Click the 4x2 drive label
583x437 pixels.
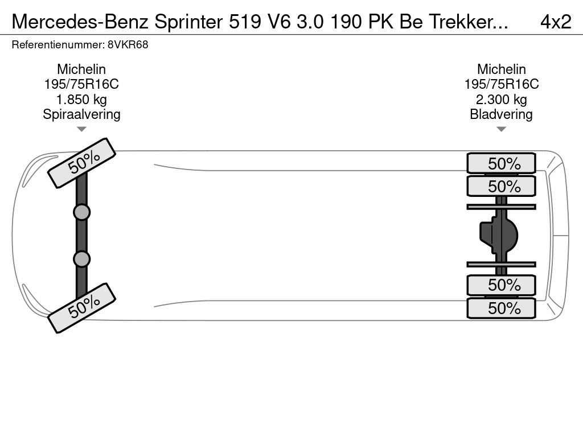555,22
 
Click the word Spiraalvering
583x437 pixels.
81,114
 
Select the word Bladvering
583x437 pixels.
501,114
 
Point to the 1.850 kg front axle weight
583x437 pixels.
81,100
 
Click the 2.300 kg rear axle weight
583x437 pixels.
501,100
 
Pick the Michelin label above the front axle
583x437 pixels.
81,69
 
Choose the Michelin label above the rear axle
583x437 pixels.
501,69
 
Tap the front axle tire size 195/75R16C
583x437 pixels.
81,84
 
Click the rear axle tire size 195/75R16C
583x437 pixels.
501,84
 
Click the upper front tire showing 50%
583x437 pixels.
81,163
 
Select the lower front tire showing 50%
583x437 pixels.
81,308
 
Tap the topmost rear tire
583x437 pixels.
501,163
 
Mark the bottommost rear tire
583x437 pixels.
501,308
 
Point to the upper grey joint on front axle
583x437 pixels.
81,212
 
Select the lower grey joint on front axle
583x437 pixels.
81,259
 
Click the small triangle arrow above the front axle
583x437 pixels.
81,129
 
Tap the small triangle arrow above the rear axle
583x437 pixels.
501,129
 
